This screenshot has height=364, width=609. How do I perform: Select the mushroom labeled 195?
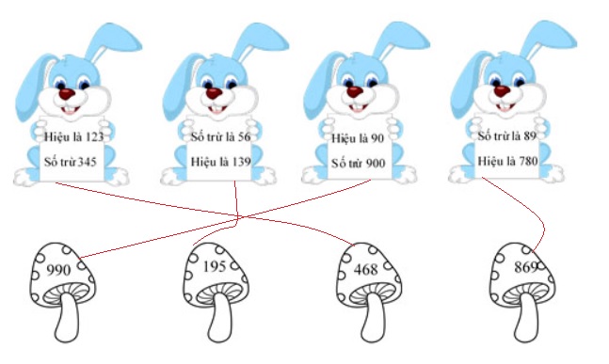(217, 277)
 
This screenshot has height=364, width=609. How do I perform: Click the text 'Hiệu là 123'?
(74, 137)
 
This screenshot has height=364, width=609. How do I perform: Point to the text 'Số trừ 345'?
(73, 162)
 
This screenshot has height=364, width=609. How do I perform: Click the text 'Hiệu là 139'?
(220, 162)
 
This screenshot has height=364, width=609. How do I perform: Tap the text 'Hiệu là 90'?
(358, 138)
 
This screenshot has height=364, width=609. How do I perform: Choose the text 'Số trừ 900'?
(359, 163)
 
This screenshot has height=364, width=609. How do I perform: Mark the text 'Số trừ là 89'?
(506, 136)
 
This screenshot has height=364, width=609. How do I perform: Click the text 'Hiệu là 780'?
(506, 161)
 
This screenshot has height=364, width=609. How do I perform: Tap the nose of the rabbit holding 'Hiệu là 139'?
(214, 93)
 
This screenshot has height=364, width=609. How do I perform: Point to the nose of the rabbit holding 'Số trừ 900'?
(355, 93)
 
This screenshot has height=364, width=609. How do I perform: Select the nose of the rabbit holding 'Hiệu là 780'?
(500, 93)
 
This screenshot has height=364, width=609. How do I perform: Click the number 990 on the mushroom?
(58, 269)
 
